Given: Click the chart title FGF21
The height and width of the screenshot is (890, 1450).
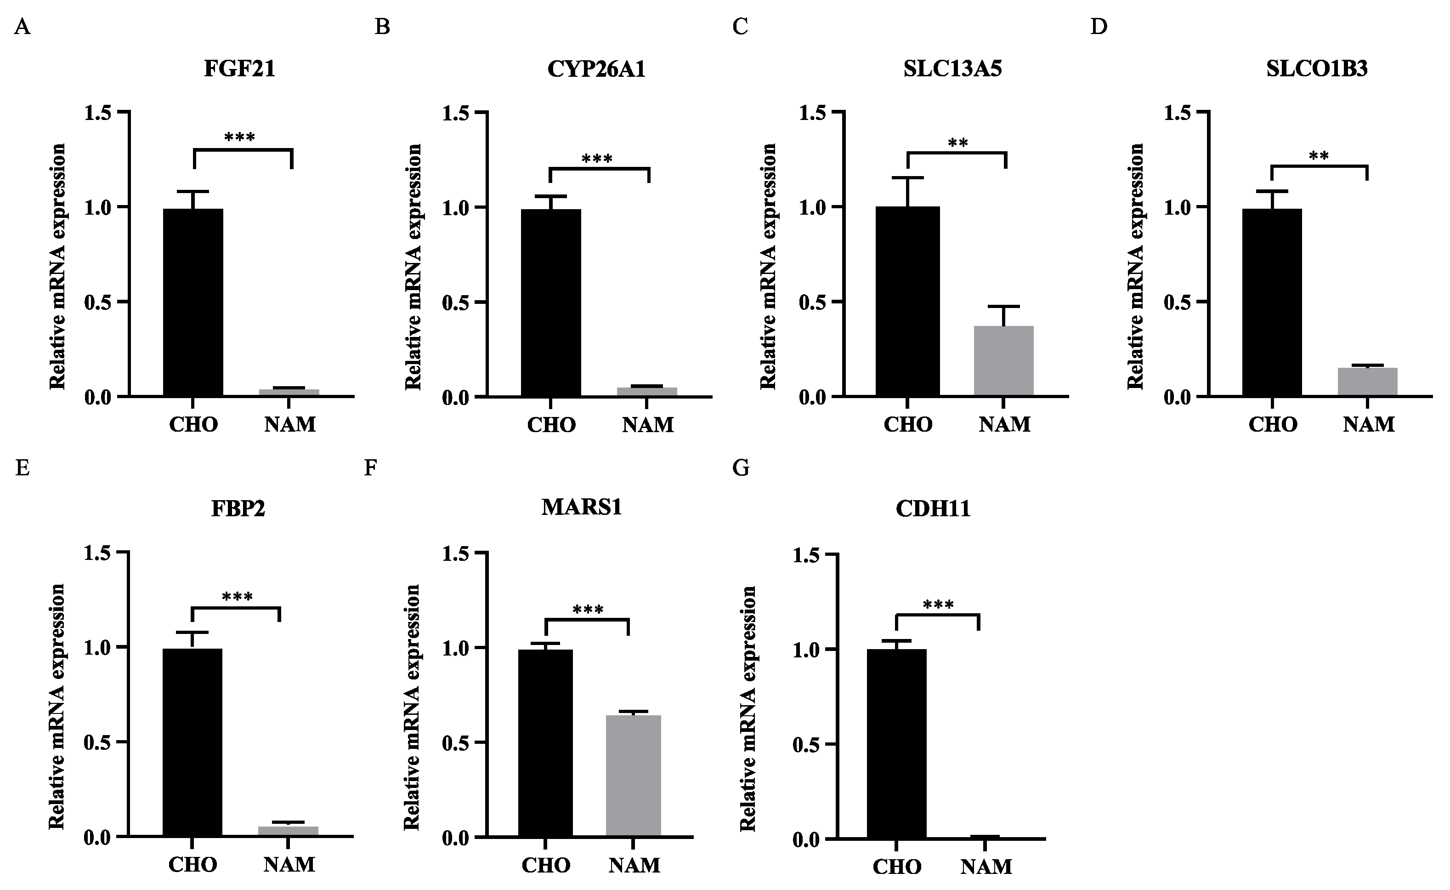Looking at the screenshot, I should (x=239, y=69).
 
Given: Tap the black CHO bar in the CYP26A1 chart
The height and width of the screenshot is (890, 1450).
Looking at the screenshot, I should (x=551, y=302).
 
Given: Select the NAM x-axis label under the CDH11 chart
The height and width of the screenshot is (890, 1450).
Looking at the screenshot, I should (x=987, y=867).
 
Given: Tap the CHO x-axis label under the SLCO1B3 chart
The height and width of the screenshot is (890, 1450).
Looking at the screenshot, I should (x=1272, y=424).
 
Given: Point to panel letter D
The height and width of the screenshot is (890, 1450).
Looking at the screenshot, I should (x=1098, y=27).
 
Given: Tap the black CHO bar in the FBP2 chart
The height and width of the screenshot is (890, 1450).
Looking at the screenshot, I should (x=193, y=743).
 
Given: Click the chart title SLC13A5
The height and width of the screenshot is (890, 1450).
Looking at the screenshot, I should (x=953, y=69).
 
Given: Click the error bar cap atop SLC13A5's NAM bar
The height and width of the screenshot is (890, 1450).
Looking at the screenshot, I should (x=1004, y=307).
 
